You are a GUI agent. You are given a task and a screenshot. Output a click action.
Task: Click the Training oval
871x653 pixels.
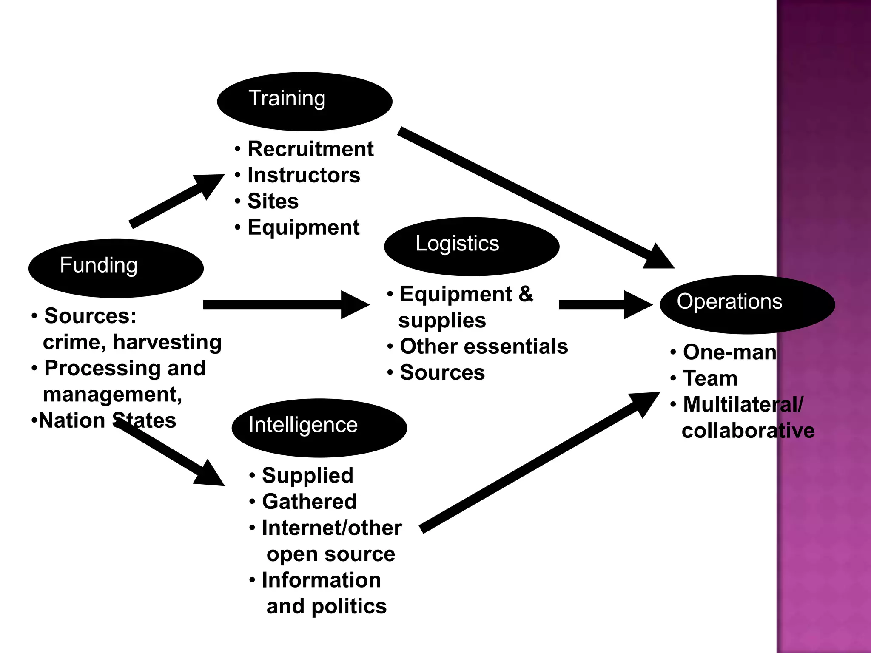pyautogui.click(x=305, y=101)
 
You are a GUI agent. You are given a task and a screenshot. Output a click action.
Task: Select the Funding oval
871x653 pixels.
pyautogui.click(x=116, y=268)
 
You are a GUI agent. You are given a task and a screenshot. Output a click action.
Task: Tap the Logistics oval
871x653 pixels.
pyautogui.click(x=471, y=247)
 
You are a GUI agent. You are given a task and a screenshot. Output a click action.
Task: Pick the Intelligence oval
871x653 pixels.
pyautogui.click(x=319, y=428)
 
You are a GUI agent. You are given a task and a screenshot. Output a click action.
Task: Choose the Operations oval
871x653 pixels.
pyautogui.click(x=747, y=304)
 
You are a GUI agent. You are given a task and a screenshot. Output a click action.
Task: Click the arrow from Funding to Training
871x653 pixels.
pyautogui.click(x=176, y=200)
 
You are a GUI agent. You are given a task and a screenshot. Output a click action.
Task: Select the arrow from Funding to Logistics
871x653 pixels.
pyautogui.click(x=285, y=304)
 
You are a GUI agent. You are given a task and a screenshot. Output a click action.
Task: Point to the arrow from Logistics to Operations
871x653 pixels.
pyautogui.click(x=604, y=304)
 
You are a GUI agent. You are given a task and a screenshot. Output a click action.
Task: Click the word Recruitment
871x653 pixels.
pyautogui.click(x=310, y=149)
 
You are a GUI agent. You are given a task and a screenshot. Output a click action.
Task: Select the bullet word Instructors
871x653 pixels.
pyautogui.click(x=304, y=175)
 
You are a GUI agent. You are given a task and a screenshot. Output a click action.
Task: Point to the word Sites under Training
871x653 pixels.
pyautogui.click(x=273, y=201)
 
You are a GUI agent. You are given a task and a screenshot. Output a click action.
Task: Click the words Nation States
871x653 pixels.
pyautogui.click(x=107, y=421)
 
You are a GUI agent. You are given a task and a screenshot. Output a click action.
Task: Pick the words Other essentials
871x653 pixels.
pyautogui.click(x=484, y=346)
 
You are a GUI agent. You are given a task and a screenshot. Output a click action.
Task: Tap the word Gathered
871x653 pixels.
pyautogui.click(x=309, y=502)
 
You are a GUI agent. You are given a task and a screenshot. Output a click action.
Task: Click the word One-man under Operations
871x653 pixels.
pyautogui.click(x=729, y=352)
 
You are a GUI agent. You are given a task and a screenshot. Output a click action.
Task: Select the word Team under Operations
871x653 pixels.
pyautogui.click(x=710, y=378)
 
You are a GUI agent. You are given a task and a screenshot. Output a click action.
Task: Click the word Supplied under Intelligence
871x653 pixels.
pyautogui.click(x=307, y=475)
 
